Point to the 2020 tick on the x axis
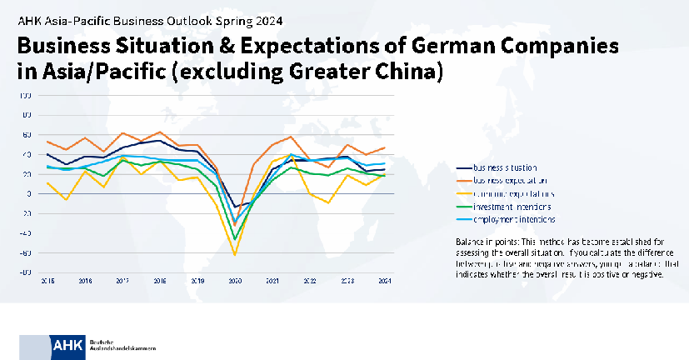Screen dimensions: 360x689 235,282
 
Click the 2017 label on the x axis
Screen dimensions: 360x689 122,282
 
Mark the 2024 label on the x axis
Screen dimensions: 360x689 384,282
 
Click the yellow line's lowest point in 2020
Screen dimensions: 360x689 235,255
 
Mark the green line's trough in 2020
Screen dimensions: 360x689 235,239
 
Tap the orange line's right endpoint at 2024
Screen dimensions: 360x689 384,147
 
